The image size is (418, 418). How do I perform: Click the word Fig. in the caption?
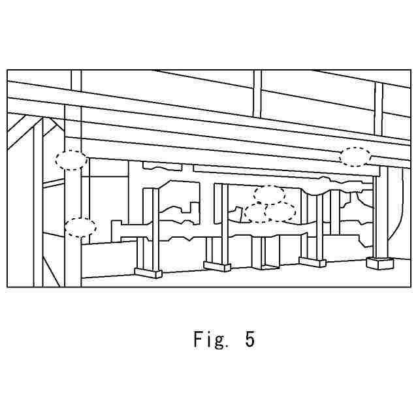tap(210, 340)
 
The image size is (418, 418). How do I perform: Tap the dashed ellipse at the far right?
tap(355, 157)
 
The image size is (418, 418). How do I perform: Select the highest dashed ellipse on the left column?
tap(71, 160)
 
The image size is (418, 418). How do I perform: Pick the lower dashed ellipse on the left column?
tap(80, 227)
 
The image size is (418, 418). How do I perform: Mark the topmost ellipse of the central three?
tap(269, 194)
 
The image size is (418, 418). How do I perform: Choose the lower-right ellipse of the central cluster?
tap(280, 212)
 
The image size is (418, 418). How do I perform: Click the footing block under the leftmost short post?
tap(148, 273)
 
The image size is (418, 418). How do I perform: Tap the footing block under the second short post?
tap(217, 266)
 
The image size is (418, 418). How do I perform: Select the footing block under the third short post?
tap(312, 262)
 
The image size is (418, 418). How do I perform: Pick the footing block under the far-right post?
tap(379, 263)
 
